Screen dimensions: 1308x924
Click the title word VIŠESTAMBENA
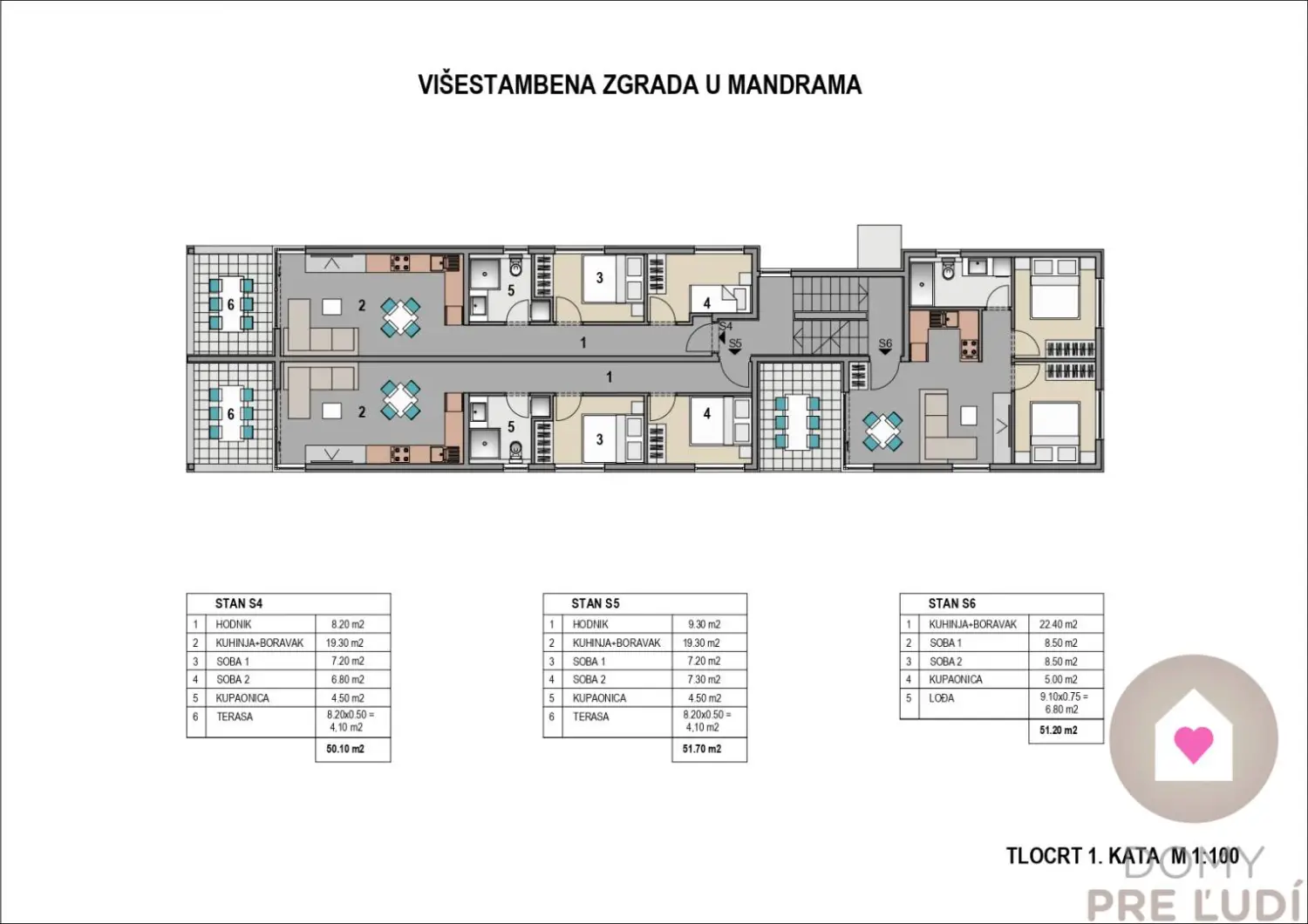point(507,85)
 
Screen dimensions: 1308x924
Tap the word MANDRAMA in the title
point(794,85)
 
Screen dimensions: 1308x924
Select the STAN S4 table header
point(239,603)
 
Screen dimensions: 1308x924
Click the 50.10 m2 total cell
point(345,749)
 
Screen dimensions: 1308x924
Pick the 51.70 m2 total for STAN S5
point(702,749)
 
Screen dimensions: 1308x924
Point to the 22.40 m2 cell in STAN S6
point(1058,624)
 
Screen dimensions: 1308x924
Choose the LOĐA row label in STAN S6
point(941,698)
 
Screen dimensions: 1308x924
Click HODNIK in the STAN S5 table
point(590,624)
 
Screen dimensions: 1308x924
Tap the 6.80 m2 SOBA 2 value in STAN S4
point(347,679)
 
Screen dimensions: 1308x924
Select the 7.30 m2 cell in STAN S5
point(705,679)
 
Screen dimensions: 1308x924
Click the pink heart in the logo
point(1194,744)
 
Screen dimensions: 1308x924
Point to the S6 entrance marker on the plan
point(885,345)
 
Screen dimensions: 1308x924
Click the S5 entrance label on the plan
point(735,345)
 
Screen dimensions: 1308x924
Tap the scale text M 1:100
point(1205,856)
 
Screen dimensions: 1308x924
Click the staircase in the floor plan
point(830,316)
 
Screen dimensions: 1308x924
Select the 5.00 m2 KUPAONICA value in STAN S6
point(1061,679)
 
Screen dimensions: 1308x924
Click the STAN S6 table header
point(952,603)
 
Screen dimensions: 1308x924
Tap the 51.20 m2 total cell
point(1058,730)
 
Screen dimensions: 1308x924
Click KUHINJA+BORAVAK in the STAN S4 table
point(259,642)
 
